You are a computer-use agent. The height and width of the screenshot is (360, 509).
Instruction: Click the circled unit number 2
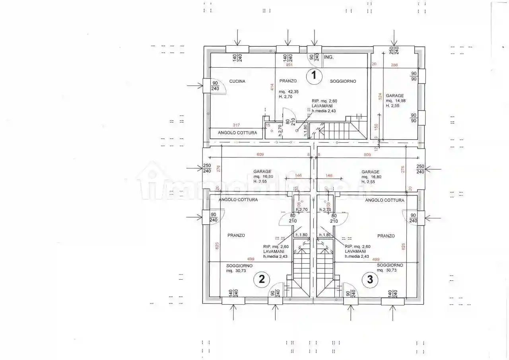pos(262,279)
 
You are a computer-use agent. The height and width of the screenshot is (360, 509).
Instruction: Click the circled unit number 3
pos(370,279)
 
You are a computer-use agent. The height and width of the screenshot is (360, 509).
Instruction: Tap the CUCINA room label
pos(237,82)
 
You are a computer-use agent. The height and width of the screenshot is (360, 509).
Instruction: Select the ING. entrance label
pos(328,57)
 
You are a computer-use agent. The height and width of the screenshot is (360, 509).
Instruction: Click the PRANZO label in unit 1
pos(288,81)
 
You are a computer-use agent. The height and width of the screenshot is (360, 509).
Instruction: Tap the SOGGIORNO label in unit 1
pos(343,82)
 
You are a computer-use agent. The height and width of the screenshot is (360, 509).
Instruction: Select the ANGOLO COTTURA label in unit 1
pos(237,133)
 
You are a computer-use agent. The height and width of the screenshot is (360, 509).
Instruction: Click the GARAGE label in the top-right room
pos(394,95)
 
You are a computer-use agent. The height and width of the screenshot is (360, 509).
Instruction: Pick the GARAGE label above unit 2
pos(262,172)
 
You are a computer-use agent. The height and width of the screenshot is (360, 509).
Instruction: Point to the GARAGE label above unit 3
pos(370,172)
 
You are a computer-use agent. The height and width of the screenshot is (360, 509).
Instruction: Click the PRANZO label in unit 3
pos(386,236)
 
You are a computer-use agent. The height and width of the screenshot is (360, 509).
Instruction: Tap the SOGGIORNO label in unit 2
pos(239,266)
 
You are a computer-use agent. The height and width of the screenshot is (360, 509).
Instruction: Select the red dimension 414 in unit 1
pos(272,88)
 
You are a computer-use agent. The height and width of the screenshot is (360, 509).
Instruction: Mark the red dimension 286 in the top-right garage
pos(394,65)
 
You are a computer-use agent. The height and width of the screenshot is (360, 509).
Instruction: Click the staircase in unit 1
pos(338,130)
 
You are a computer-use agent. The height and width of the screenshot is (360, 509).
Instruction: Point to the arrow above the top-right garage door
pos(394,38)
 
